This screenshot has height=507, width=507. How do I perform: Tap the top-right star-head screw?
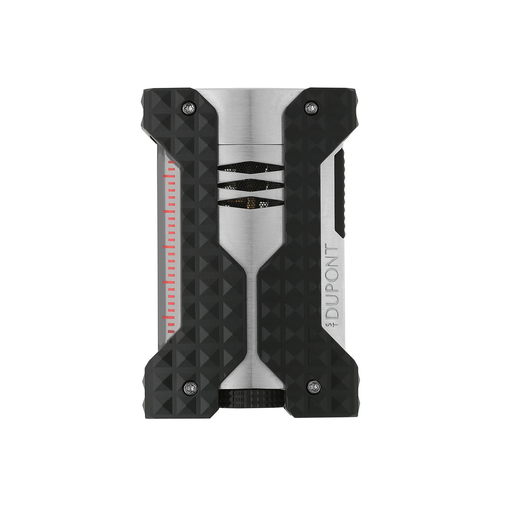(310, 107)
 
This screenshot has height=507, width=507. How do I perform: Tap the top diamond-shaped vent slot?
(250, 167)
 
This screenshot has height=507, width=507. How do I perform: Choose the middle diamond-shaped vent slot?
(250, 185)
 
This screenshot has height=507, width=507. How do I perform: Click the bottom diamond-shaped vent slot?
(250, 202)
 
